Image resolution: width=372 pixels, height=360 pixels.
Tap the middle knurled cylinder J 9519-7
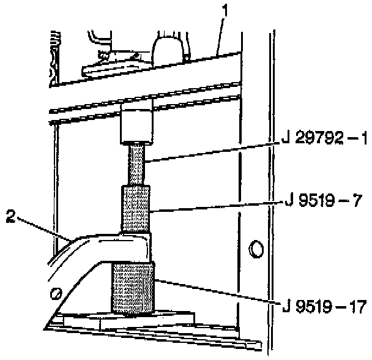[x=135, y=208]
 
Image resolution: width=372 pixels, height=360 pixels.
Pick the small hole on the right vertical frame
[x=255, y=249]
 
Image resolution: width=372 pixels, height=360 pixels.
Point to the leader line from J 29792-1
[x=214, y=152]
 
